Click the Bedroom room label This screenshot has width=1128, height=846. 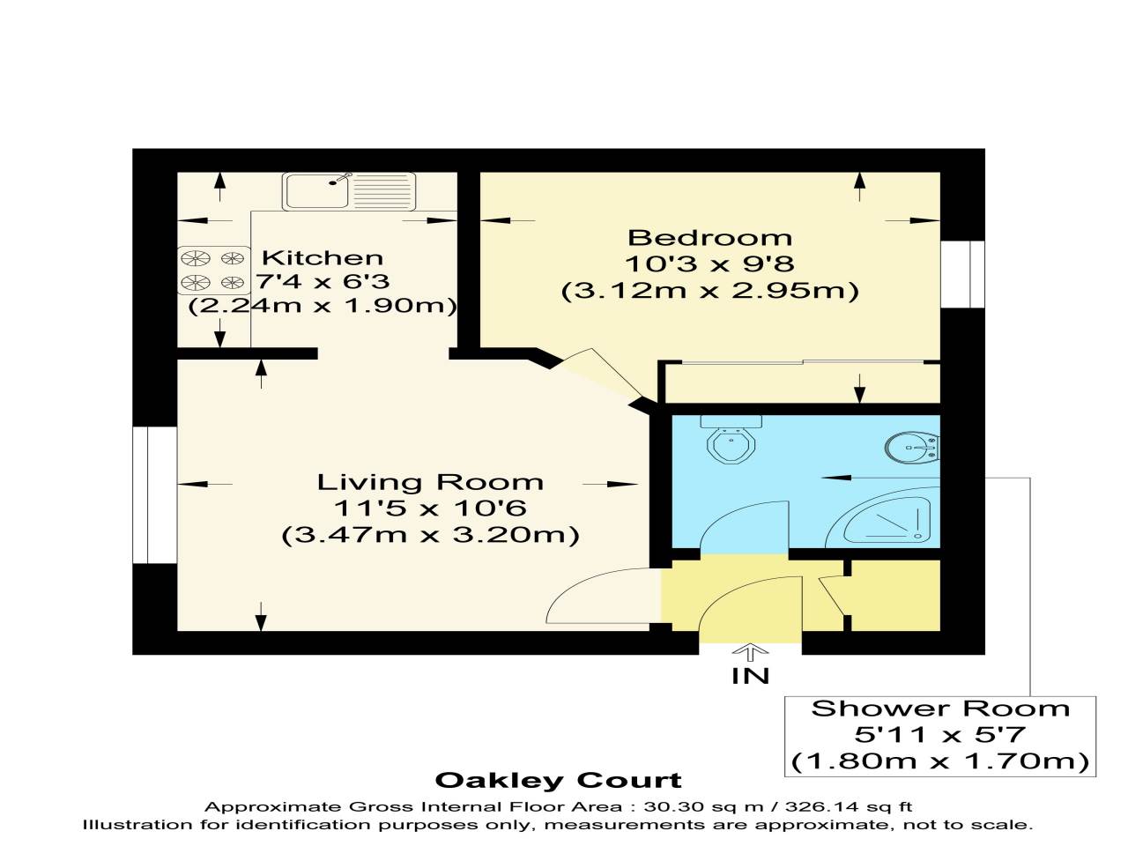coord(709,238)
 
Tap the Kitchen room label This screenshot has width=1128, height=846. coord(323,258)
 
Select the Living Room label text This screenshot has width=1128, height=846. coord(430,482)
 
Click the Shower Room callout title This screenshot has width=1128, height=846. coord(940,709)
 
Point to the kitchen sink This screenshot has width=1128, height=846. coord(349,190)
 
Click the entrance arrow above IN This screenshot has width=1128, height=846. coord(750,653)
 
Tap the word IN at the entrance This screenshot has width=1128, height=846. coord(750,676)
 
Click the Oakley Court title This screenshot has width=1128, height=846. coord(559,781)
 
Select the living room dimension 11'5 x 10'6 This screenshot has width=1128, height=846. coord(430,508)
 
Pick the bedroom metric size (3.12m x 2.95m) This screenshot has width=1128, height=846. coord(709,291)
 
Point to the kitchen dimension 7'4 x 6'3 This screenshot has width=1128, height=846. coord(323,282)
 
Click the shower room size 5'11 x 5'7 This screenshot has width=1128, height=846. coord(940,734)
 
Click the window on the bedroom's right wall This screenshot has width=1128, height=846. coord(962,274)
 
